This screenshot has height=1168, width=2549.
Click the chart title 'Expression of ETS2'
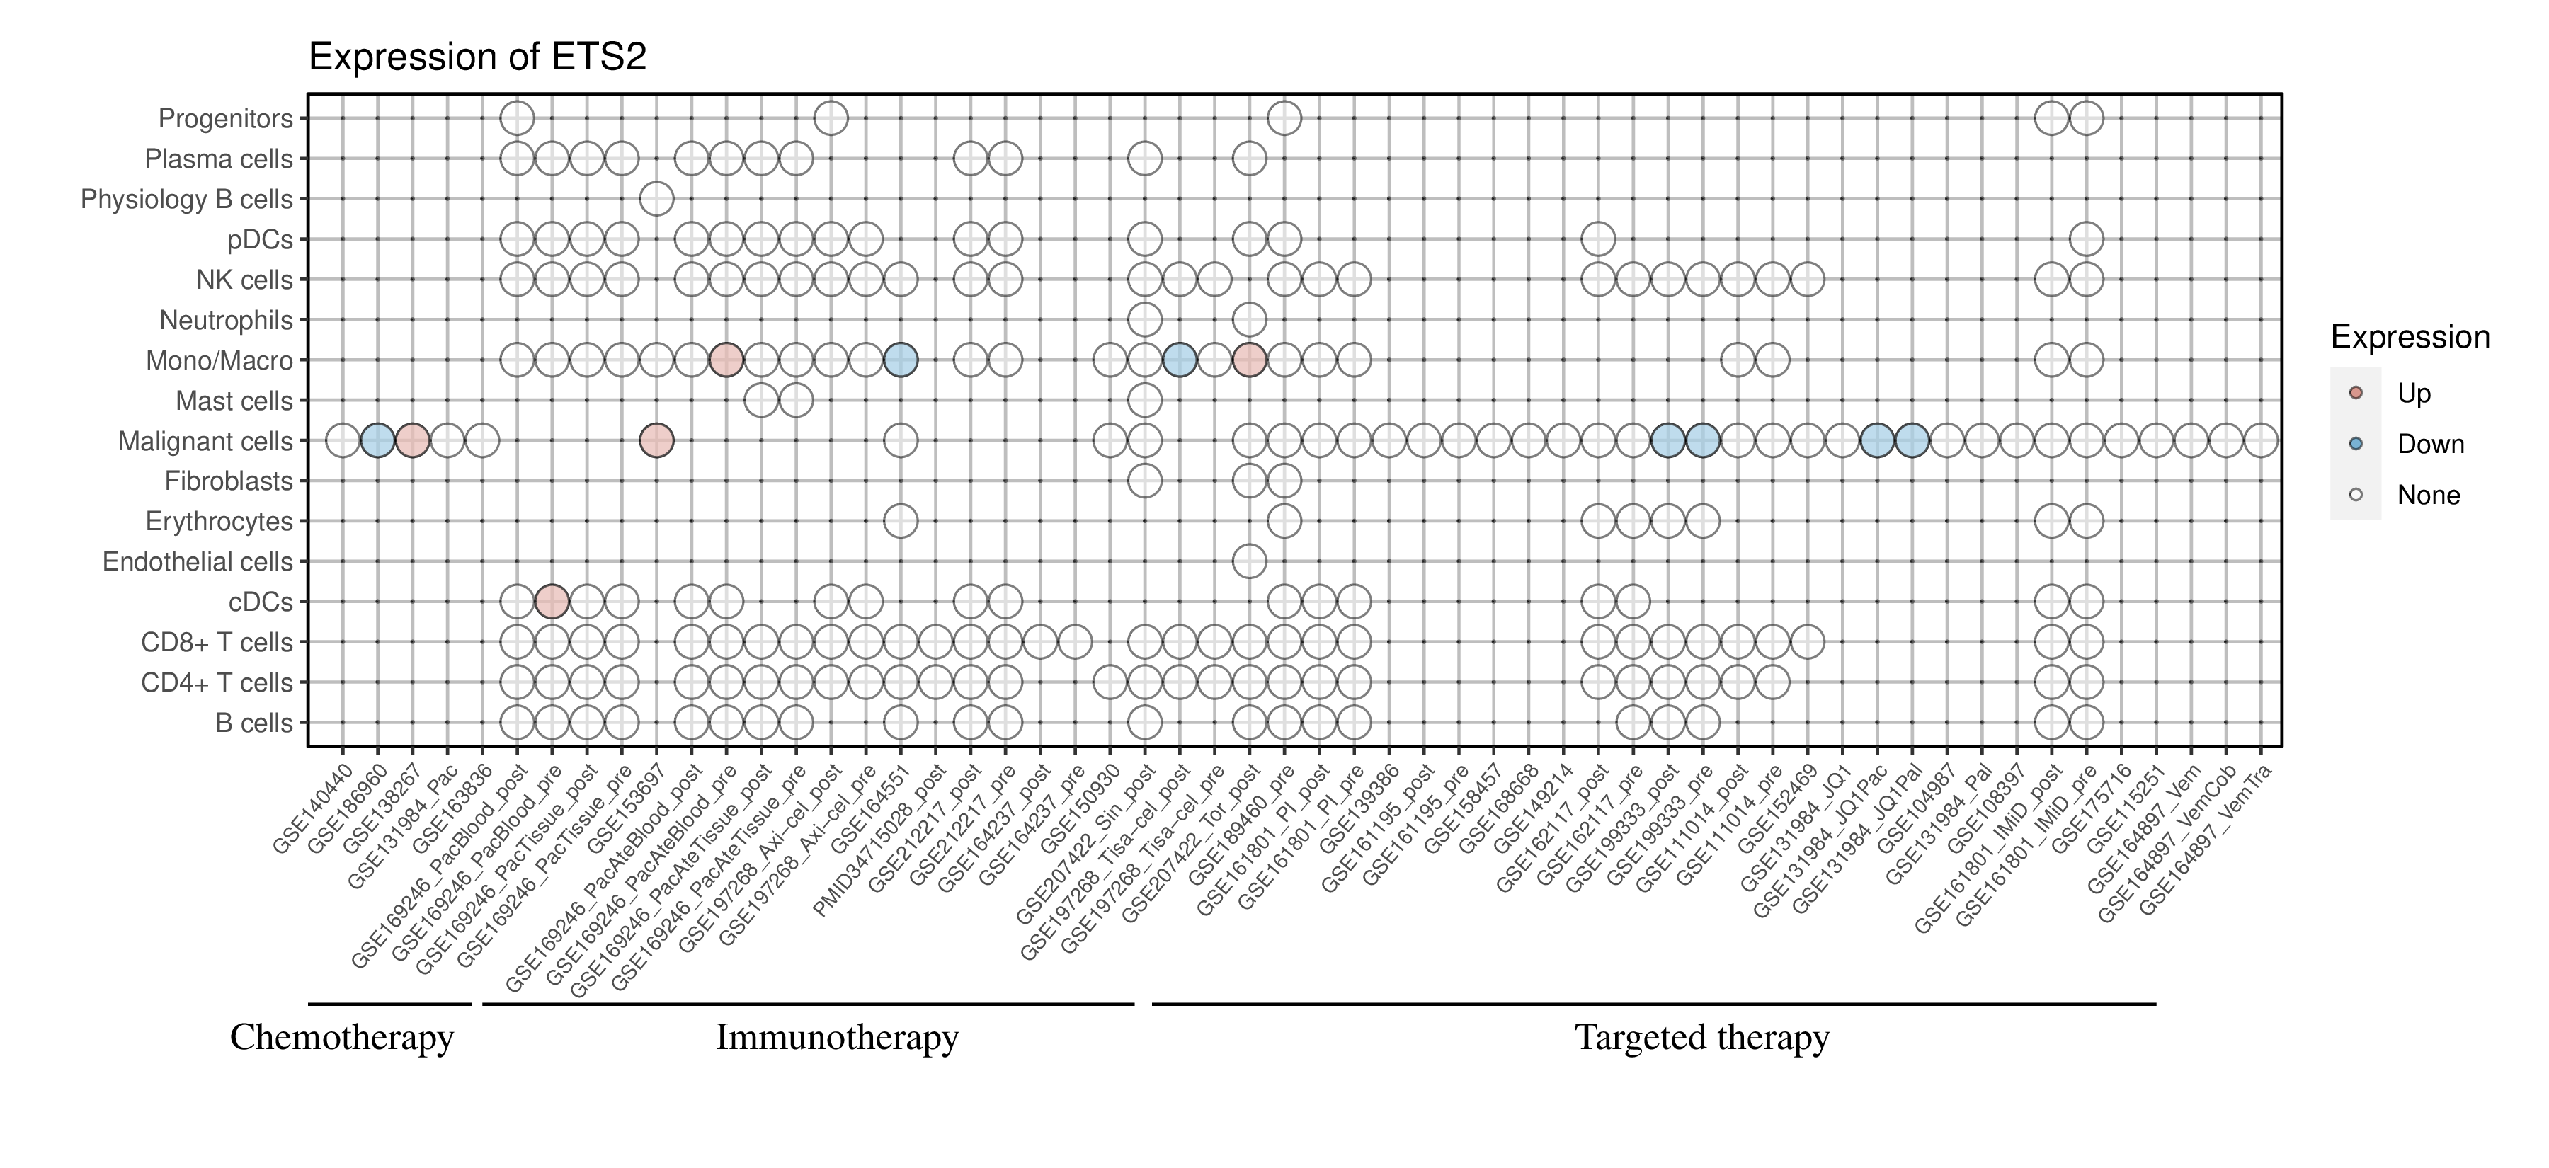pyautogui.click(x=477, y=57)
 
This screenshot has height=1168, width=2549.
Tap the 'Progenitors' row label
pyautogui.click(x=226, y=119)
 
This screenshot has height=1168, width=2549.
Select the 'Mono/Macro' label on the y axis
pyautogui.click(x=219, y=361)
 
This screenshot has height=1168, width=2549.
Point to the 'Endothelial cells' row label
pyautogui.click(x=198, y=562)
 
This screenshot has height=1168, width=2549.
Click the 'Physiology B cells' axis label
pyautogui.click(x=187, y=200)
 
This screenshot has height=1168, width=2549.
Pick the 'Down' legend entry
pyautogui.click(x=2429, y=444)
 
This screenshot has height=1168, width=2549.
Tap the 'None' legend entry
pyautogui.click(x=2427, y=495)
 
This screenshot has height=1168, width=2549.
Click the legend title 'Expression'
pyautogui.click(x=2410, y=337)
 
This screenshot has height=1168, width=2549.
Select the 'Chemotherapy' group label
pyautogui.click(x=341, y=1038)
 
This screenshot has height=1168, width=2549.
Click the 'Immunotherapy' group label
pyautogui.click(x=837, y=1038)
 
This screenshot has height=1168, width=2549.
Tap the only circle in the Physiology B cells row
pyautogui.click(x=656, y=199)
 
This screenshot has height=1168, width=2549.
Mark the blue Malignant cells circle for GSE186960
pyautogui.click(x=377, y=440)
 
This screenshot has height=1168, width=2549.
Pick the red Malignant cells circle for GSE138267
pyautogui.click(x=411, y=440)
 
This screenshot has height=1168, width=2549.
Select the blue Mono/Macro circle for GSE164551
pyautogui.click(x=901, y=360)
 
